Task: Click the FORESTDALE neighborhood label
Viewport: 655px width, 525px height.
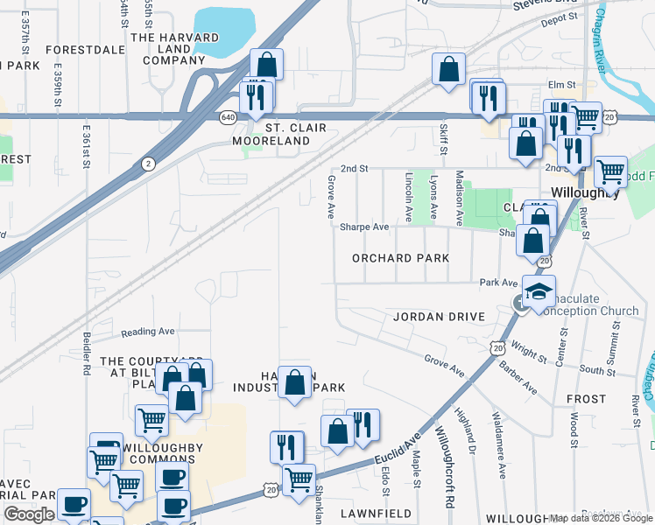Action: [85, 50]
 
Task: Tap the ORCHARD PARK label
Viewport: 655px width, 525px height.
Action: [400, 258]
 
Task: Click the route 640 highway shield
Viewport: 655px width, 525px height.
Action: [228, 115]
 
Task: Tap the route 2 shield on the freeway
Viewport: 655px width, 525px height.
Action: [149, 163]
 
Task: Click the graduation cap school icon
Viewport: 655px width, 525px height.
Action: [539, 290]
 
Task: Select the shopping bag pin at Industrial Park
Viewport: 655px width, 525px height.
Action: [295, 382]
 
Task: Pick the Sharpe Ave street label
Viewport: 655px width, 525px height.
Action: [364, 227]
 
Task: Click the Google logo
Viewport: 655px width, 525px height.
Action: [29, 514]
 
